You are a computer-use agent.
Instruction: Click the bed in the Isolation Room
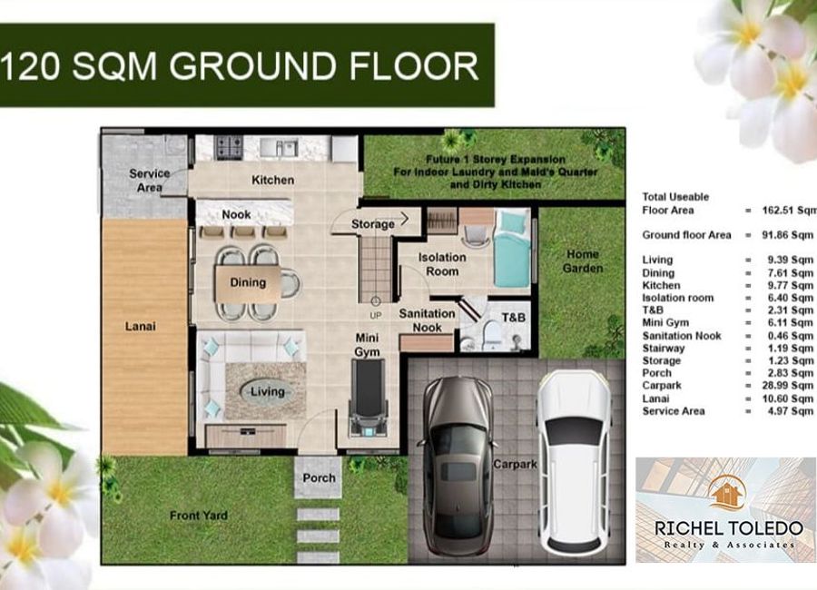point(512,248)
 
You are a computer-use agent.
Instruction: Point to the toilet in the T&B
point(492,336)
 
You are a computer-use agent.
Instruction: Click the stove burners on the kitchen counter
point(230,147)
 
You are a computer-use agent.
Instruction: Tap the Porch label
point(319,478)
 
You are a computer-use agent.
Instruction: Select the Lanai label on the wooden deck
point(140,327)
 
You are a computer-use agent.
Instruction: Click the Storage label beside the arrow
point(372,224)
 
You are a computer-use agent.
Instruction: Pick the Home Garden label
point(583,261)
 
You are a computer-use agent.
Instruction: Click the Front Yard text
point(199,516)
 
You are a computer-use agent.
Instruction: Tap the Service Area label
point(150,181)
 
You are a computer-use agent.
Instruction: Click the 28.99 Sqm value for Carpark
point(787,386)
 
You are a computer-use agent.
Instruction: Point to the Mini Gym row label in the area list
point(665,323)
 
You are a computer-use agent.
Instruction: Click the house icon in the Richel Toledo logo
point(728,493)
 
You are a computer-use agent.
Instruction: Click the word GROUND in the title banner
point(252,66)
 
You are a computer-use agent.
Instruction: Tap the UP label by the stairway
point(376,316)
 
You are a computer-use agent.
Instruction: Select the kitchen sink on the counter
point(280,148)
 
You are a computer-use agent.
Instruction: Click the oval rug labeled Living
point(267,391)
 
